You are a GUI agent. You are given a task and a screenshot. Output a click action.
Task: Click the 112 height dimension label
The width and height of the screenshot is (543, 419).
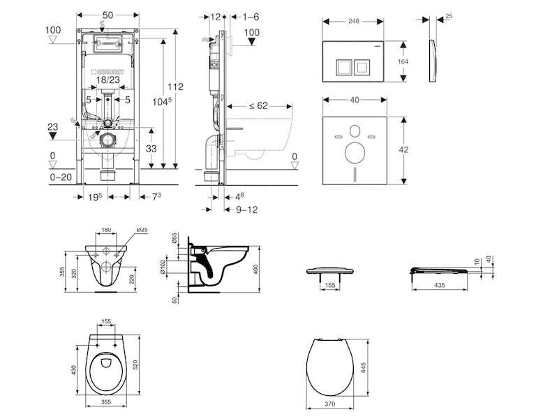175,87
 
